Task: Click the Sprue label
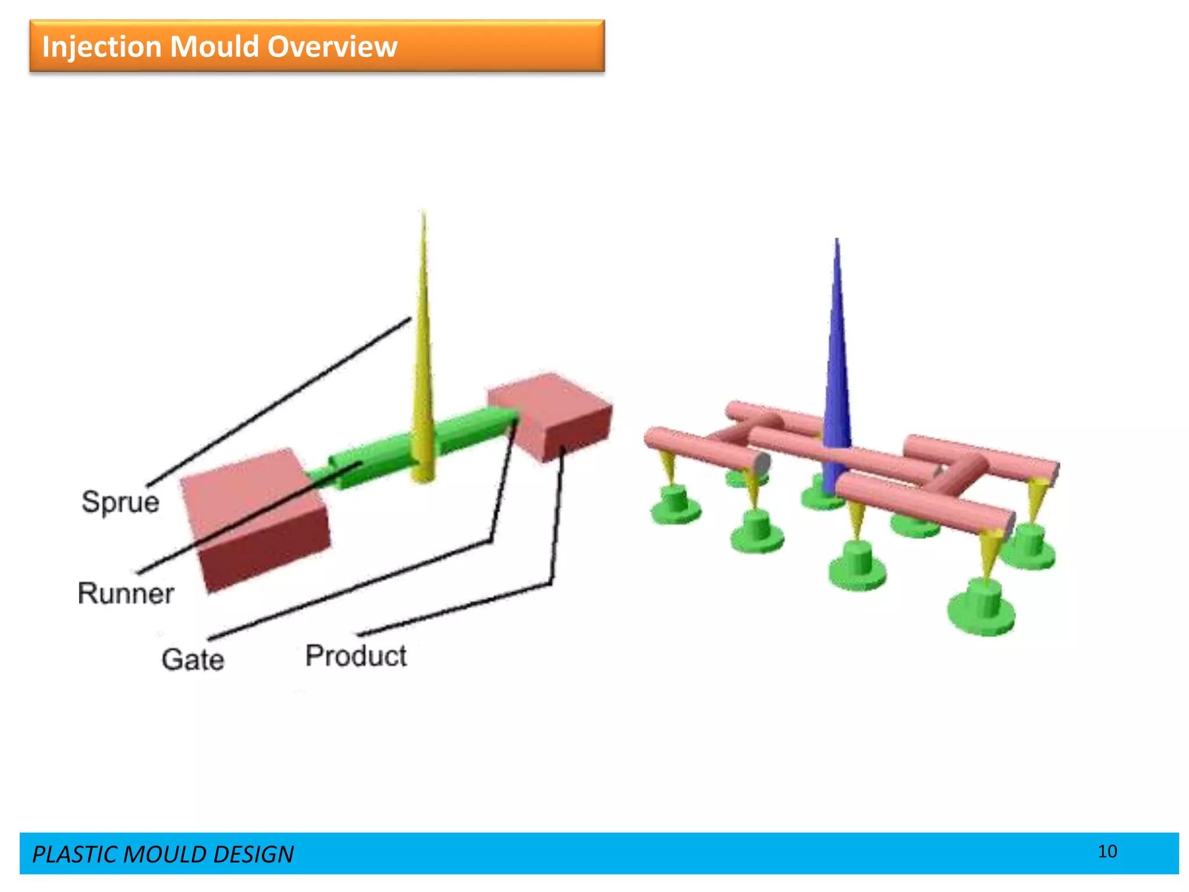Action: point(120,502)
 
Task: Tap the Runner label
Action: point(126,594)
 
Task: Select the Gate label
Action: point(193,660)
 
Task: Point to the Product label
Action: point(356,656)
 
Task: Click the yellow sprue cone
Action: point(423,372)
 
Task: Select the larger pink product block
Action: point(255,517)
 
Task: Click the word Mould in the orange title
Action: point(214,46)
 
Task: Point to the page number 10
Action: point(1107,851)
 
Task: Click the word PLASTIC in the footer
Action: point(75,854)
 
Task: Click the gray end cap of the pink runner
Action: point(762,463)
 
